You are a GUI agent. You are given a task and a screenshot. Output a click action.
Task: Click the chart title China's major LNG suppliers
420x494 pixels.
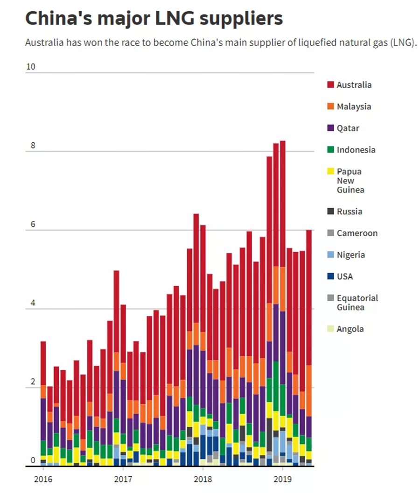(154, 19)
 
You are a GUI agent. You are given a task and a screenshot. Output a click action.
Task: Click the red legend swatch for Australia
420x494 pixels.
(330, 85)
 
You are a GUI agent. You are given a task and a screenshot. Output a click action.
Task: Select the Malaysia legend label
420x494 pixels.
(354, 106)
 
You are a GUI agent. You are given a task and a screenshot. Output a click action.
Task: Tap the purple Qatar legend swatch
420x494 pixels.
(330, 128)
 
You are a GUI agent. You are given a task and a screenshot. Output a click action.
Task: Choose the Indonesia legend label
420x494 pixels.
(356, 150)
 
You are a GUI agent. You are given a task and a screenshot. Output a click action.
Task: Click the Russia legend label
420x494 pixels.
(349, 212)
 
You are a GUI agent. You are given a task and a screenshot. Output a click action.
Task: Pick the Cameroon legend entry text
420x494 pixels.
(357, 233)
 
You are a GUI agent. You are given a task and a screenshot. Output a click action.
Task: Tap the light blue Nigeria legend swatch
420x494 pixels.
(330, 255)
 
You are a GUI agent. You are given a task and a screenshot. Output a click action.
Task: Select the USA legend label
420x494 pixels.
(345, 276)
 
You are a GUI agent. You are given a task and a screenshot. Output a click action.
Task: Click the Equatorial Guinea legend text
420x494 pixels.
(357, 303)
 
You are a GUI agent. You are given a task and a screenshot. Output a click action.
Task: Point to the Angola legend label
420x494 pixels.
(350, 329)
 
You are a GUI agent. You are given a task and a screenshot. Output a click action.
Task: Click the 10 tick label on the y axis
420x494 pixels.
(31, 67)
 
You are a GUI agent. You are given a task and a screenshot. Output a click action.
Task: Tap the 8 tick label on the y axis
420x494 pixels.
(33, 146)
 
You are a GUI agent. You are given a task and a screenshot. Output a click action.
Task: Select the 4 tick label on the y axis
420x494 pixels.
(33, 303)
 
